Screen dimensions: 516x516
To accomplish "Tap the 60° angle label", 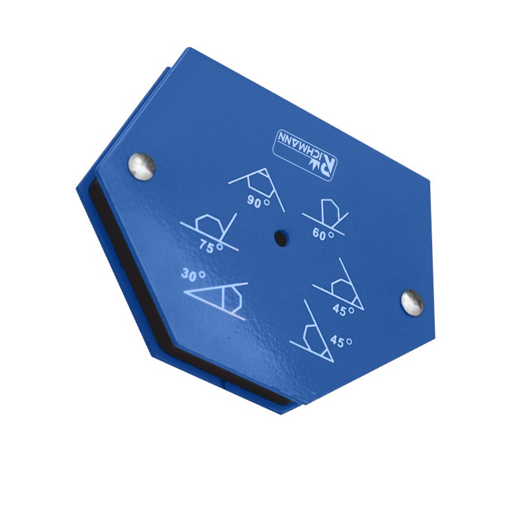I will pos(323,234).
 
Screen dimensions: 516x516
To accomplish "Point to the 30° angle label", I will pos(193,275).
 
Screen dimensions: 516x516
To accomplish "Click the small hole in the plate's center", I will pos(279,237).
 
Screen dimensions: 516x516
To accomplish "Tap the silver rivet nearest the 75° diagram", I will pos(142,166).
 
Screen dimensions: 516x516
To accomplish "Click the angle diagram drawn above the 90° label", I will pos(257,181).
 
